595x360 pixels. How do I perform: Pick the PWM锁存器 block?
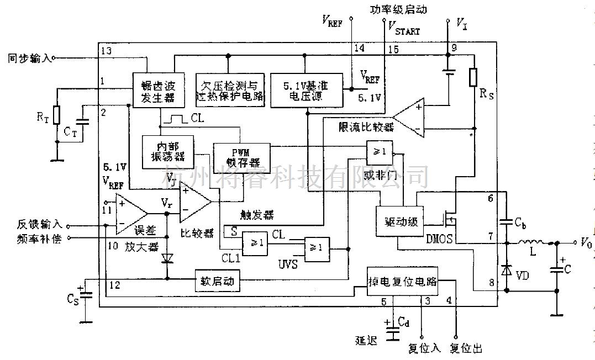[x=241, y=157]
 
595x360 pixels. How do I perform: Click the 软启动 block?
[x=218, y=280]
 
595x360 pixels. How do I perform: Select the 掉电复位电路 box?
[x=402, y=282]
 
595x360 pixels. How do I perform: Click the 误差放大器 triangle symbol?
[x=131, y=214]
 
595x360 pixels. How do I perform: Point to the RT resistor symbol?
[x=56, y=115]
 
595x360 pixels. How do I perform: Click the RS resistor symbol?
[x=473, y=78]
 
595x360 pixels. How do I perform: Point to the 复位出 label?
[x=466, y=348]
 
